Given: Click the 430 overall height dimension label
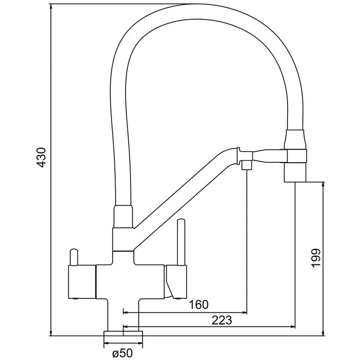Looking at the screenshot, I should tap(41, 157).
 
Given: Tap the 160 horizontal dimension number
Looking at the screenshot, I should tap(198, 305).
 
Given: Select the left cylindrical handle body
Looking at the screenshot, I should tap(81, 282).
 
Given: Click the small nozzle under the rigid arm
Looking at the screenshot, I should tap(247, 166).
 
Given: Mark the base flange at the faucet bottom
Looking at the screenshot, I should tap(123, 333).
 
